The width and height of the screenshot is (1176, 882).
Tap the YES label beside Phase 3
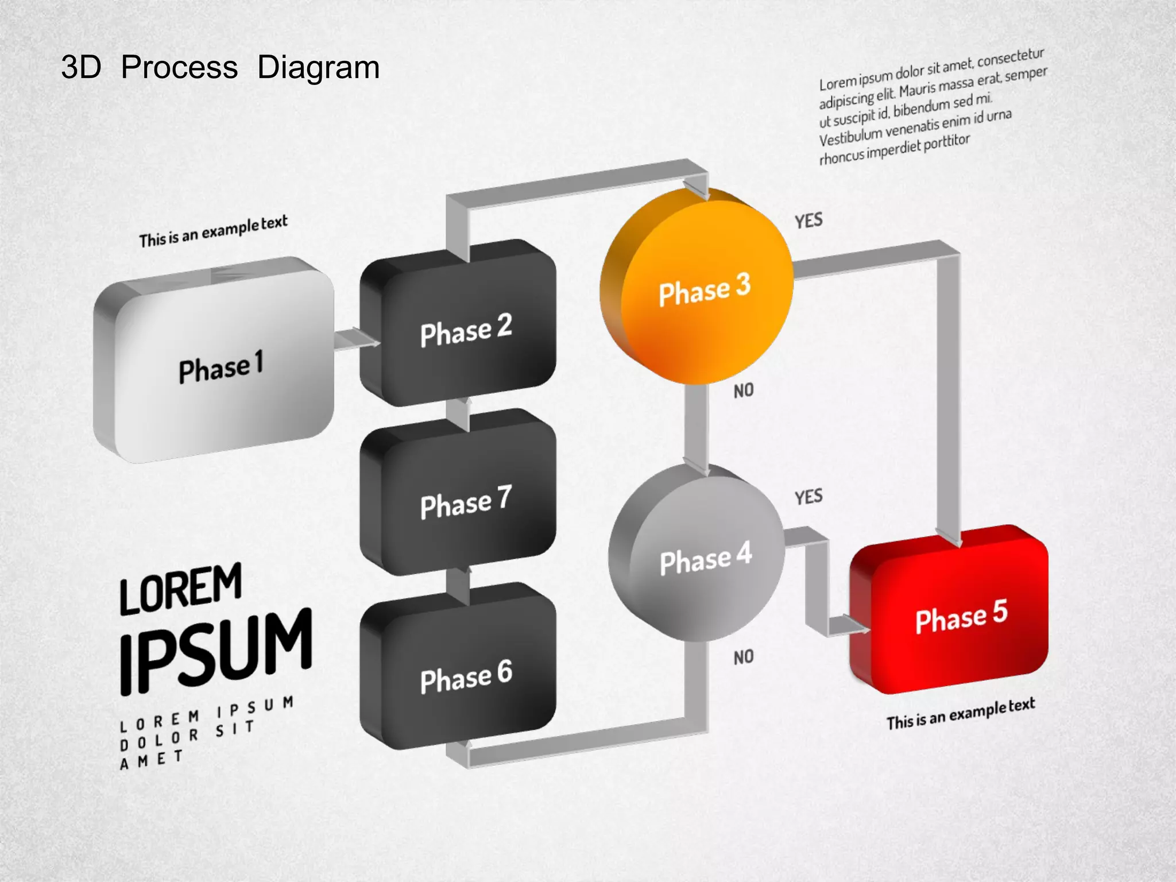coord(808,220)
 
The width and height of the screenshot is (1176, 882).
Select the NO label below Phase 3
coord(744,391)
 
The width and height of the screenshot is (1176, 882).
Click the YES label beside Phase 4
coord(808,497)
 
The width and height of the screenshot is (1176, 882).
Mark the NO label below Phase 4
coord(744,657)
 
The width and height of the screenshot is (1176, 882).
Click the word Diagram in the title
coord(318,68)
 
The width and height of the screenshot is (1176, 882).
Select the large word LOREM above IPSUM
coord(181,589)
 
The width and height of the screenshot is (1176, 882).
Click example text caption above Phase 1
coord(213,231)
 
